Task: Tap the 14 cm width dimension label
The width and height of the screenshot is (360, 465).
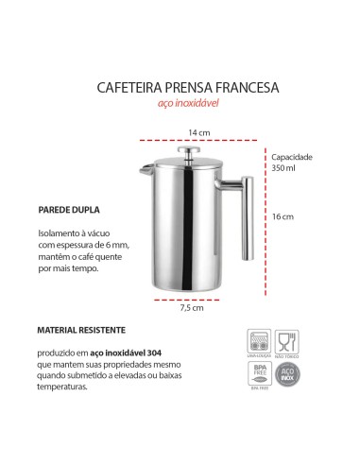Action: pos(197,132)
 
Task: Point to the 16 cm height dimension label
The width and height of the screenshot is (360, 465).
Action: pos(283,216)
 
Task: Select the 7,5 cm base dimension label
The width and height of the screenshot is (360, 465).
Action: pos(192,307)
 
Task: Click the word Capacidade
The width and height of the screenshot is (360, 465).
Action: pos(293,157)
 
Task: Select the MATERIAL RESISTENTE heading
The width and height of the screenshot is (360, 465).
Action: pos(81,332)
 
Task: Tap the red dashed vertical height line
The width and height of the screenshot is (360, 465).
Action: pos(264,216)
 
